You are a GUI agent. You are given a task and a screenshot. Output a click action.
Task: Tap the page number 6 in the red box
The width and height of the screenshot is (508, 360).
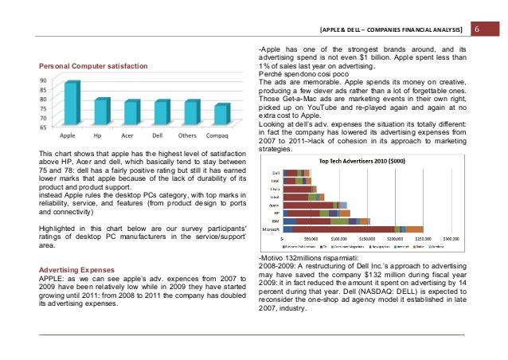(x=479, y=29)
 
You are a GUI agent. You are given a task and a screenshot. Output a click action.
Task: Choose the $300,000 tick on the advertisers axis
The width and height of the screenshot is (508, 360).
(x=451, y=238)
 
